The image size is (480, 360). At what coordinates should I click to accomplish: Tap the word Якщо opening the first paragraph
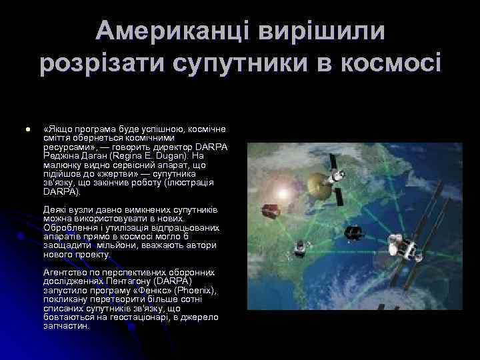point(57,128)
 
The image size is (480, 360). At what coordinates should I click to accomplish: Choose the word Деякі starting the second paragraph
point(55,209)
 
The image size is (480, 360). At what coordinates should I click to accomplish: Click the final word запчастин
point(66,327)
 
